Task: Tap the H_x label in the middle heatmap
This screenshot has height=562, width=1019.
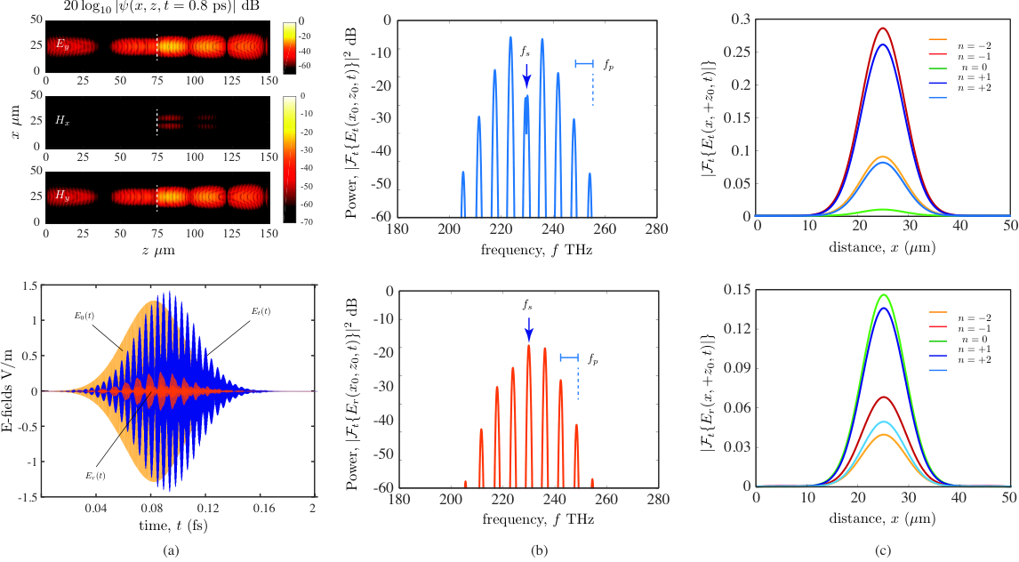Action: (62, 121)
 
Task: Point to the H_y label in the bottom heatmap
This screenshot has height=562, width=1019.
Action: (62, 197)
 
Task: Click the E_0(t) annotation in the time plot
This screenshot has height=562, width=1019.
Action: (84, 316)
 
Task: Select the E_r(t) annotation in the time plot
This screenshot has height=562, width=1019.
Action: (95, 475)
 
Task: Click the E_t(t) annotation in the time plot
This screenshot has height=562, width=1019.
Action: (261, 311)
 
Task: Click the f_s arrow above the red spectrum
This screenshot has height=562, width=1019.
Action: (528, 329)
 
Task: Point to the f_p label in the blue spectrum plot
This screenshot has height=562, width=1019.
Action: (607, 64)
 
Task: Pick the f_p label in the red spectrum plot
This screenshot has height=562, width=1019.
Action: (593, 358)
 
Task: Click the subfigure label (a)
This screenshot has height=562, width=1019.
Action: (170, 550)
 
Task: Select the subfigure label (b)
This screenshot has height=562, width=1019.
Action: (539, 550)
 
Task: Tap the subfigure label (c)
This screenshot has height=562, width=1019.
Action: (882, 550)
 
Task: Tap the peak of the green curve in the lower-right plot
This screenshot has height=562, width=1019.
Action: (884, 294)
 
